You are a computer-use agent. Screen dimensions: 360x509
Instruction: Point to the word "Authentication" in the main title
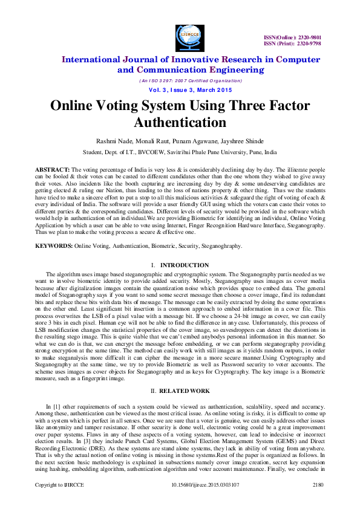coord(180,123)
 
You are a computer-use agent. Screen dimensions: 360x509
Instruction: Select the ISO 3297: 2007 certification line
coord(181,80)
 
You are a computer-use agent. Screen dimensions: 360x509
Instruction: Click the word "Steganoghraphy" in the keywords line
coord(220,246)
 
